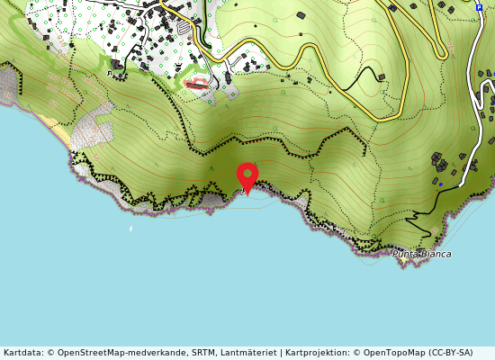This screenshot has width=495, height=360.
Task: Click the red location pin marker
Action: (x=247, y=176)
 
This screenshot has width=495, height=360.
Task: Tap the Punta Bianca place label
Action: (x=421, y=254)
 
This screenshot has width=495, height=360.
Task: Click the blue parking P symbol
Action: (x=479, y=7)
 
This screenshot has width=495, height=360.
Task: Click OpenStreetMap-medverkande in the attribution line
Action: (x=114, y=353)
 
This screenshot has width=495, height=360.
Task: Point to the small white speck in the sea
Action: (x=130, y=229)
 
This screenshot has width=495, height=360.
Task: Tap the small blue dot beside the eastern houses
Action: (x=440, y=184)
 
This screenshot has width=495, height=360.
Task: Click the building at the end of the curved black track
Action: (x=382, y=77)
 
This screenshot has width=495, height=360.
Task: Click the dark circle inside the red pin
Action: (x=247, y=172)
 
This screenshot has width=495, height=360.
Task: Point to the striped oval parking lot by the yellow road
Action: (x=184, y=28)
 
